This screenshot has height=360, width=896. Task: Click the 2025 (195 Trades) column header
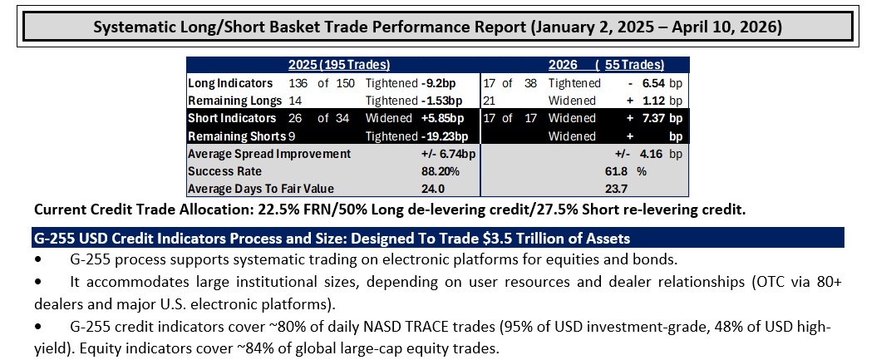339,65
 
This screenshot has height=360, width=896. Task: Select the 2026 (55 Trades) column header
606,65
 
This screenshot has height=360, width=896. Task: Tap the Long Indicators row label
230,83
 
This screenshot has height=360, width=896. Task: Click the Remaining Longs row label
235,101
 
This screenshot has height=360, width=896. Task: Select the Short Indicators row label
232,118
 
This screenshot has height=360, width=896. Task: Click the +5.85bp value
442,118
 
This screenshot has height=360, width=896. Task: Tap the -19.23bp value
445,136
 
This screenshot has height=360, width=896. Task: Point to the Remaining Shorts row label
237,136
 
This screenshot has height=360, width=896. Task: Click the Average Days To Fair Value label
261,189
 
